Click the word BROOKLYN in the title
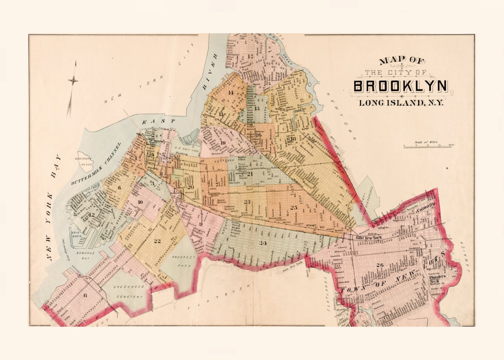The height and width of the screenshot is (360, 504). click(401, 86)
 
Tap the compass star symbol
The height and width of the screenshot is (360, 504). click(73, 81)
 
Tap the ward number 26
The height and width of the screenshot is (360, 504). click(379, 265)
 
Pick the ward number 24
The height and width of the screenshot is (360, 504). click(262, 243)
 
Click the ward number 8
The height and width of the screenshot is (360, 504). click(85, 296)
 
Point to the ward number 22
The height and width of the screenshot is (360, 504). click(157, 241)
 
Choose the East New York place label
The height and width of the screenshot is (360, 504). click(368, 238)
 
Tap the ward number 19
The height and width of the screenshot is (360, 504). click(223, 143)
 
